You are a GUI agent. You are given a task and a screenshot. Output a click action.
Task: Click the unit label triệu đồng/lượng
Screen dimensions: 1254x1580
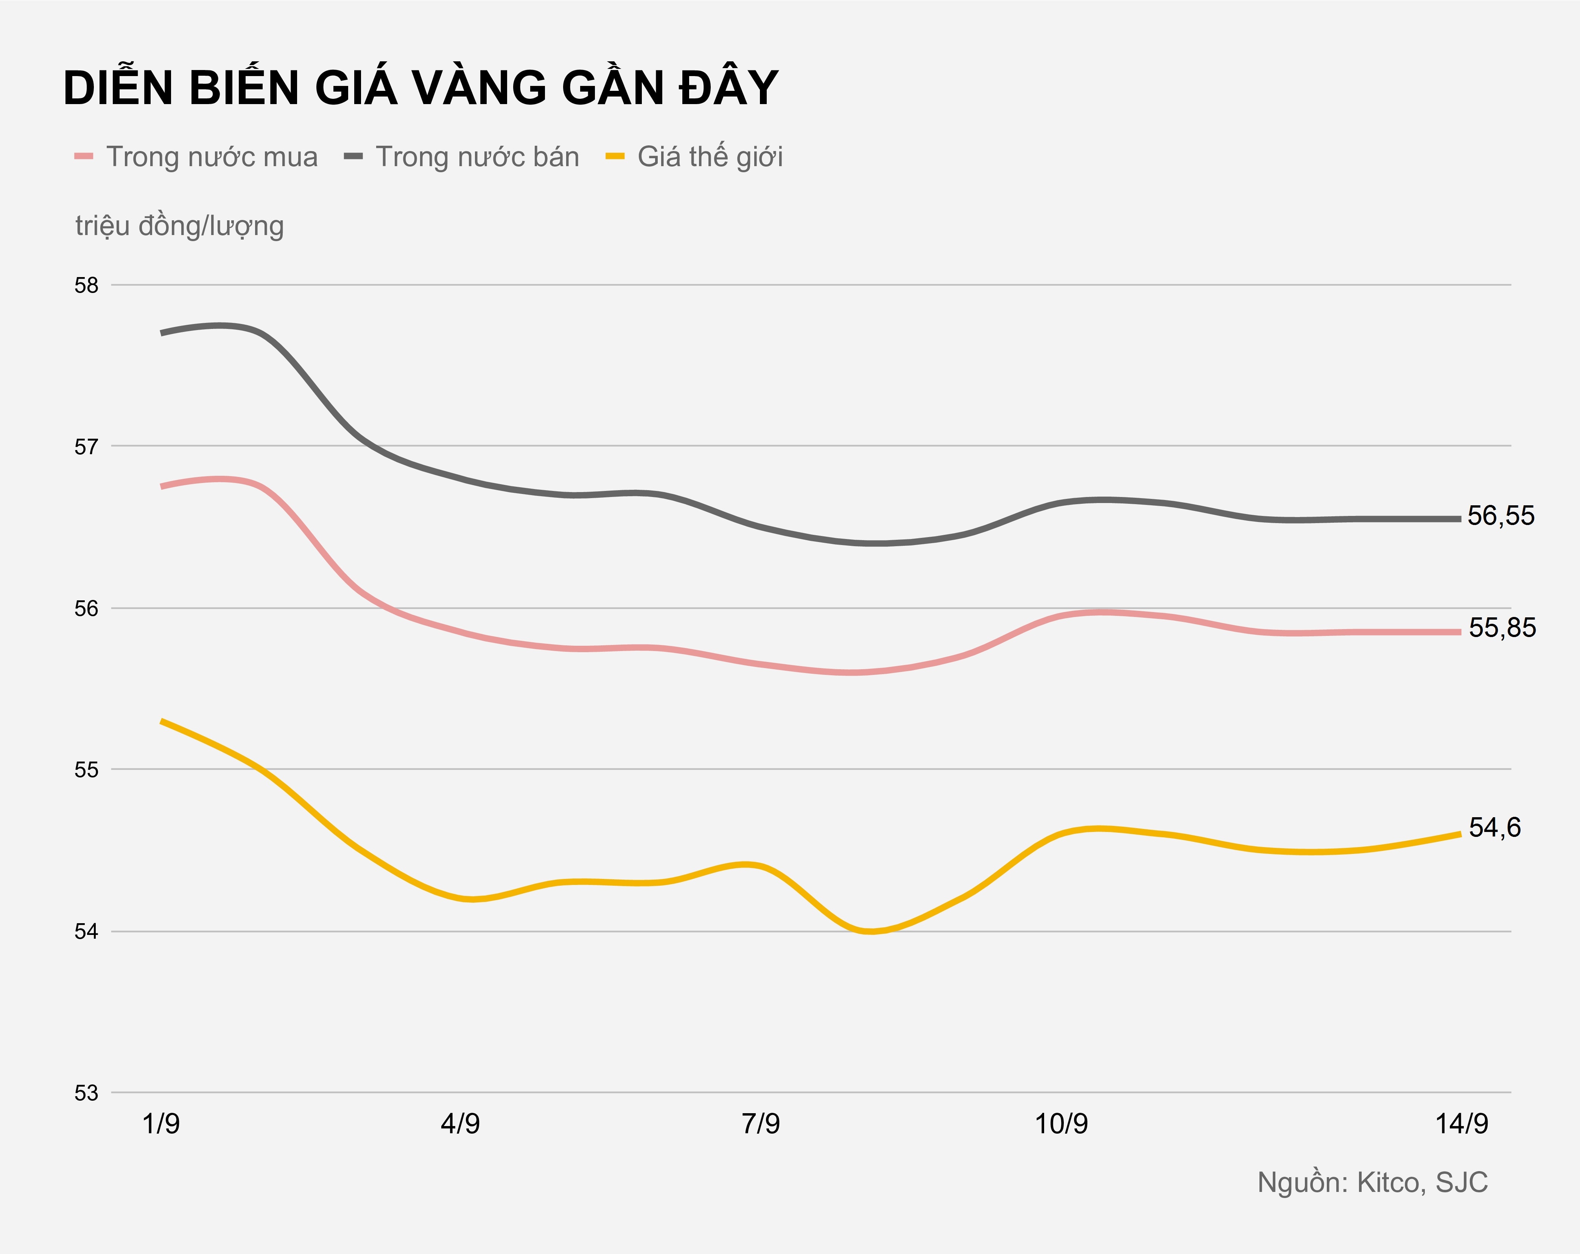pos(179,226)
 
